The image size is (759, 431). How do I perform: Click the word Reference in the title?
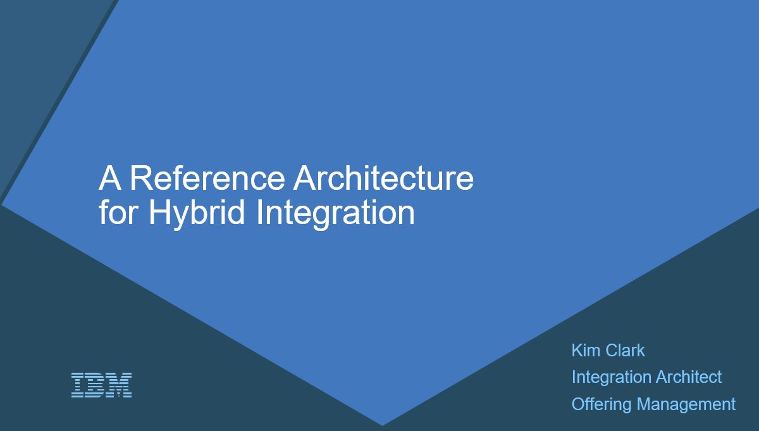click(207, 178)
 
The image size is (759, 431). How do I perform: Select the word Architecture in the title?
click(383, 178)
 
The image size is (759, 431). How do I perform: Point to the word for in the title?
click(118, 213)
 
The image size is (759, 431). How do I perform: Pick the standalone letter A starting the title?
click(110, 178)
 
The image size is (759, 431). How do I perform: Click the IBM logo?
click(101, 385)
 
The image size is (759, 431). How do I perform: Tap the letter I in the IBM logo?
click(78, 385)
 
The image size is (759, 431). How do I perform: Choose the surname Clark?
click(625, 350)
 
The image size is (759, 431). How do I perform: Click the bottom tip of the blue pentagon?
click(383, 425)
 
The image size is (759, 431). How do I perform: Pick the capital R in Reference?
click(142, 178)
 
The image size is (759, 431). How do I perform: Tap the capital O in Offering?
click(578, 404)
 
